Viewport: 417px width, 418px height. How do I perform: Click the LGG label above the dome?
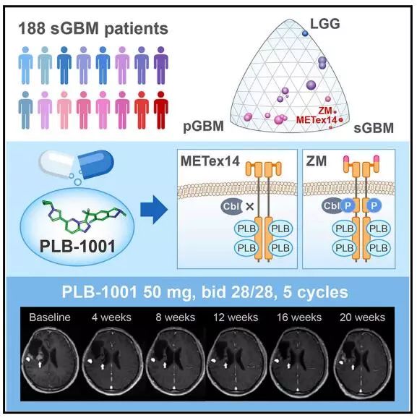pos(325,24)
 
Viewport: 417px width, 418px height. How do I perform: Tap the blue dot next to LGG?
pos(305,33)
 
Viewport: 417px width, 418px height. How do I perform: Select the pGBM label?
pos(204,127)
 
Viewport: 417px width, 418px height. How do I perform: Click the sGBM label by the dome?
pos(374,128)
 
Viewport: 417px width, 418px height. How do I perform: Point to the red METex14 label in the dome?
pos(317,120)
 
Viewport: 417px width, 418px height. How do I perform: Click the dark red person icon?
pos(161,111)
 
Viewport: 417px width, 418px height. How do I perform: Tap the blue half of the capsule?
pos(96,164)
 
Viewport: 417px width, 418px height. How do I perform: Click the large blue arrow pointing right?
pos(154,210)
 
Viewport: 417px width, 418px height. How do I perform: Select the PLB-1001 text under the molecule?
pos(77,246)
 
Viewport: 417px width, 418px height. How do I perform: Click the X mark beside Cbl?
pos(249,206)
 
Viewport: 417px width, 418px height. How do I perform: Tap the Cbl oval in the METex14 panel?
pos(231,206)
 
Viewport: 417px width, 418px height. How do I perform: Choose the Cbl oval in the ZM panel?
pos(332,205)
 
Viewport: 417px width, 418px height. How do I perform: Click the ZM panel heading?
pos(317,161)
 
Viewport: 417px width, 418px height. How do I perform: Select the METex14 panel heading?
pos(210,161)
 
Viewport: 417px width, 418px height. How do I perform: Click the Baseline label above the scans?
pos(50,317)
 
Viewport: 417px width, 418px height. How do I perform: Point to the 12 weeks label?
pos(236,317)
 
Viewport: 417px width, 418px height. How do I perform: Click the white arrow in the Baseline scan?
pos(40,364)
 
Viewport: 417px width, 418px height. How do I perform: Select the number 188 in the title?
pos(32,28)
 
